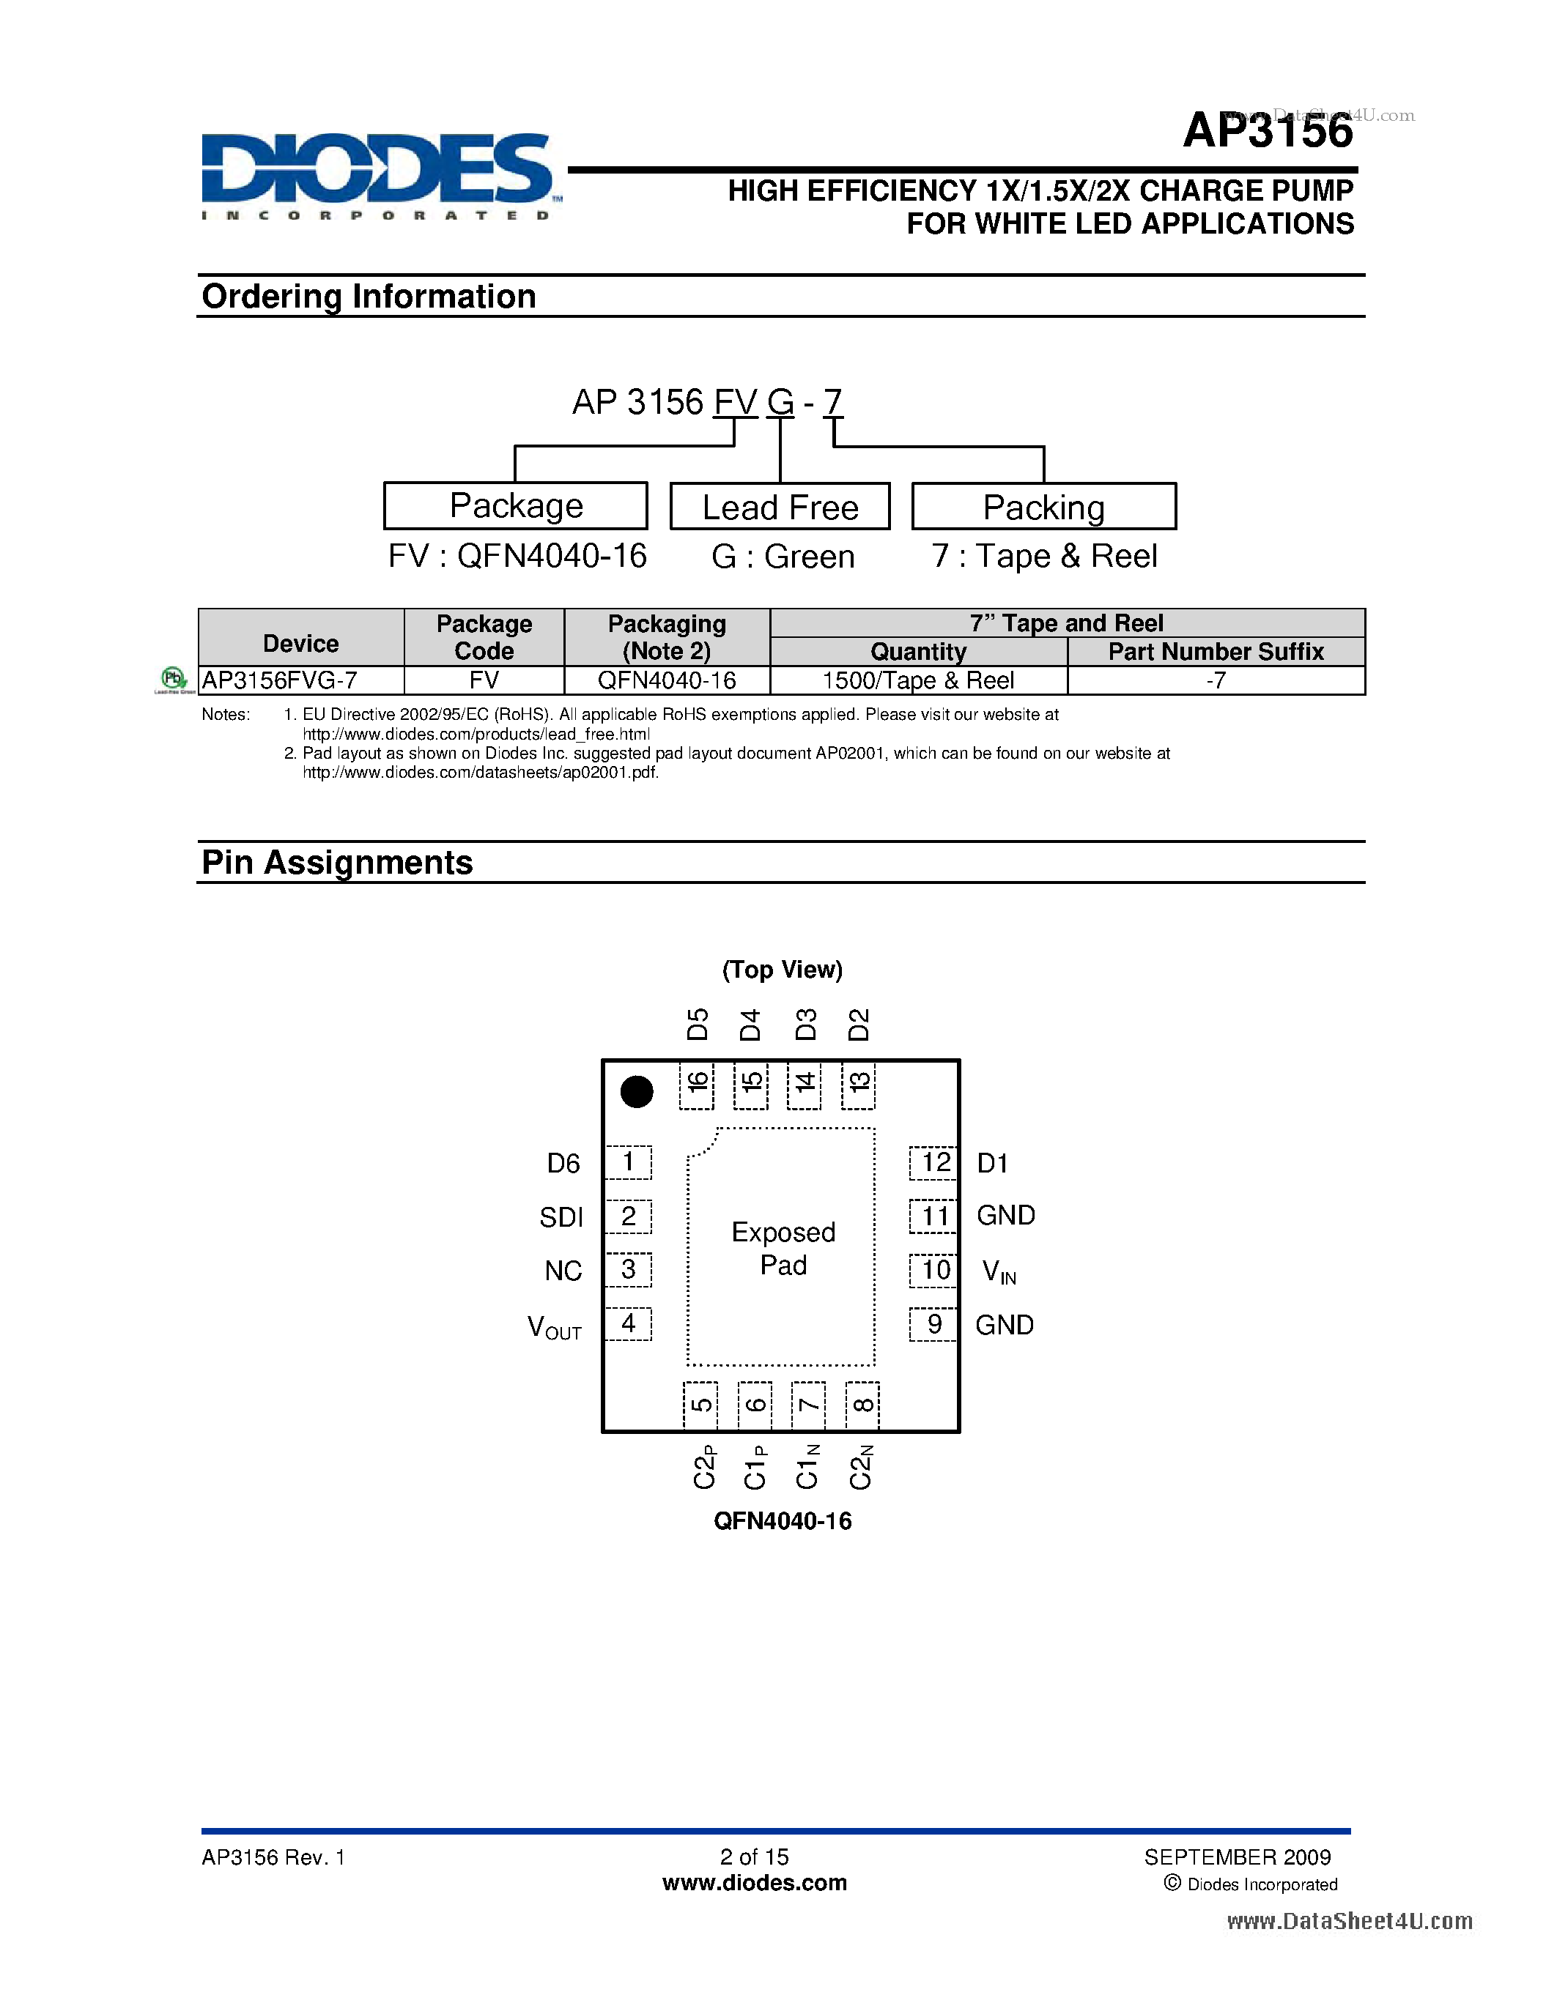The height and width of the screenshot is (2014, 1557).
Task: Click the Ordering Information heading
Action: click(369, 297)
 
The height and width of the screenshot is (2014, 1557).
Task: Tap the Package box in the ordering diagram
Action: click(516, 505)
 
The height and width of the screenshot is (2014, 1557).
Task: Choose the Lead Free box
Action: click(780, 506)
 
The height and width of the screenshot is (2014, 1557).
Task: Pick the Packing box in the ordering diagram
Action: click(1044, 506)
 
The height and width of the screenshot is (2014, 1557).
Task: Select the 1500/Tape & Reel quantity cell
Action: click(919, 680)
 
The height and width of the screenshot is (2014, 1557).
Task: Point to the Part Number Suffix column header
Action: click(1216, 652)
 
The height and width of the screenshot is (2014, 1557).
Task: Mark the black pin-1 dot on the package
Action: click(637, 1092)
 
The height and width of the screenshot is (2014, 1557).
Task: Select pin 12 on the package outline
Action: click(933, 1162)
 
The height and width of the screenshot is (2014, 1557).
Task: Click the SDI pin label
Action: click(562, 1217)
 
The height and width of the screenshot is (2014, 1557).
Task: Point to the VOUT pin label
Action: click(555, 1328)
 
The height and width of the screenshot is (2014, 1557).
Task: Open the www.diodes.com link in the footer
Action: click(755, 1884)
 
